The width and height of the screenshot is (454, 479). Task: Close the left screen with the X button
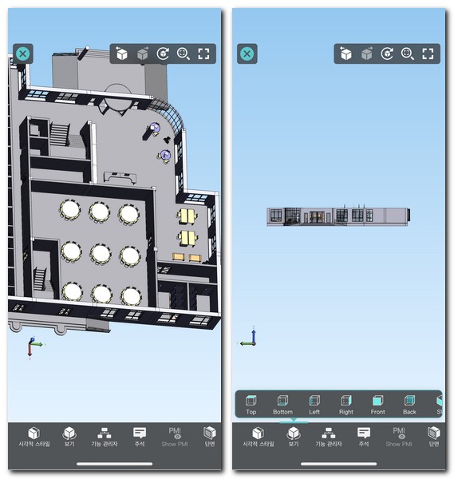click(22, 54)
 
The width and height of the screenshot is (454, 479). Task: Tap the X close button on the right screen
click(247, 54)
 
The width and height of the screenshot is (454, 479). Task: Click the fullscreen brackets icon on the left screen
click(204, 54)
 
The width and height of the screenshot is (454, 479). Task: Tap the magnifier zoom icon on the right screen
click(408, 54)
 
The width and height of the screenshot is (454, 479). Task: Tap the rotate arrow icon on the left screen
click(163, 54)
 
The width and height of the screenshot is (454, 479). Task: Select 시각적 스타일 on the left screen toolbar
click(34, 437)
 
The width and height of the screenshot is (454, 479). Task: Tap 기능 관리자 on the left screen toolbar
click(105, 437)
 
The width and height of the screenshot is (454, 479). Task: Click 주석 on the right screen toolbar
click(364, 437)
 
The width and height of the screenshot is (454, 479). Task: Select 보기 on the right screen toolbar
click(293, 437)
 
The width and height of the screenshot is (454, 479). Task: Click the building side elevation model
click(338, 216)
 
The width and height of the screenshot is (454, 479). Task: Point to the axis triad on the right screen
click(249, 338)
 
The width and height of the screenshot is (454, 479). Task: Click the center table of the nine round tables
click(100, 253)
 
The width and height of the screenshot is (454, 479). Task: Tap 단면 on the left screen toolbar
click(210, 437)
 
